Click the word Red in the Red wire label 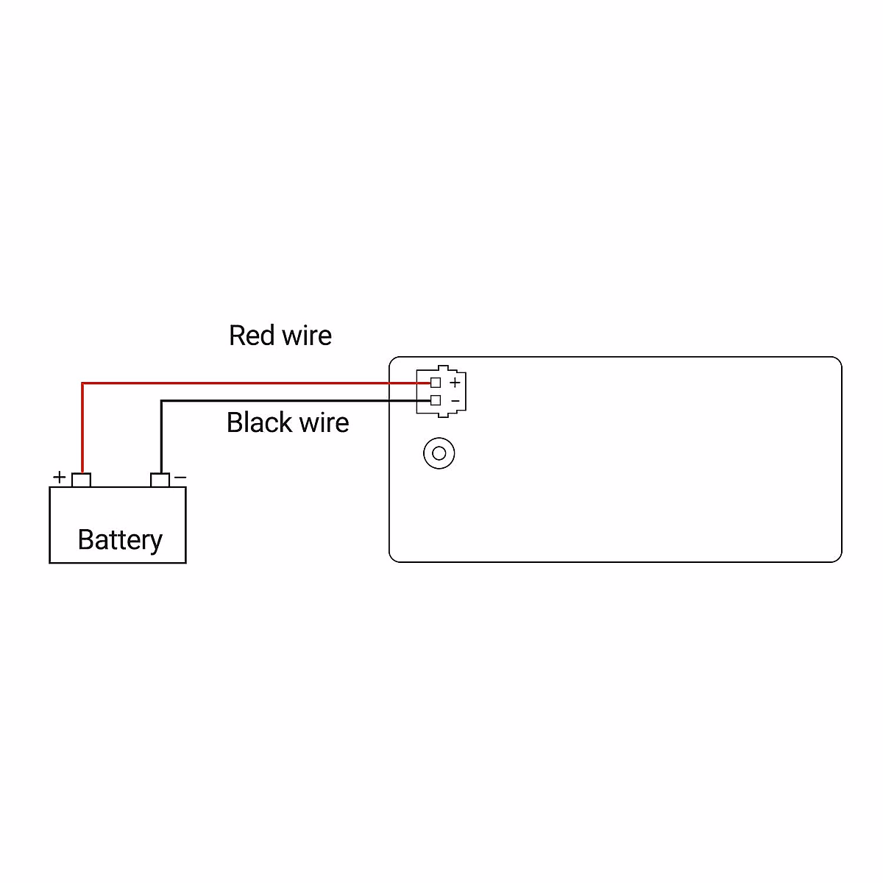pos(252,336)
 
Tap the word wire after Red pos(307,336)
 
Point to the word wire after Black pos(324,423)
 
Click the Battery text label pos(120,540)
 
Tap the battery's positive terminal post pos(81,480)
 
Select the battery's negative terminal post pos(160,480)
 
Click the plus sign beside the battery pos(60,477)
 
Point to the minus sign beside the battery pos(180,478)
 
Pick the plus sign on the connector pos(455,383)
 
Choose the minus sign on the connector pos(455,401)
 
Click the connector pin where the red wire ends pos(436,383)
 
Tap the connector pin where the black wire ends pos(436,400)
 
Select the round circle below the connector pos(439,453)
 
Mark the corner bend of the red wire pos(82,383)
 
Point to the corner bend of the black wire pos(161,401)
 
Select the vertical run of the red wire pos(82,427)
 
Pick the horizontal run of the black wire pos(294,401)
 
